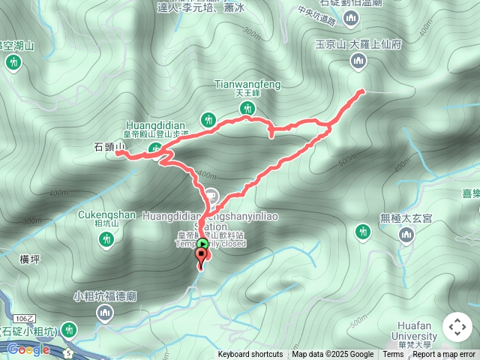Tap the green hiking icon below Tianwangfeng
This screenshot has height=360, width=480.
(x=246, y=109)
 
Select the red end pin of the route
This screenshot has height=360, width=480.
(x=201, y=256)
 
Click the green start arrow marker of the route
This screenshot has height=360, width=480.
(x=203, y=244)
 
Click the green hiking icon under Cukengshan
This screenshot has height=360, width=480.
(x=106, y=239)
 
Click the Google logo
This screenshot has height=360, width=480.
(x=28, y=349)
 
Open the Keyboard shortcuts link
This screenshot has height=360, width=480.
(x=250, y=355)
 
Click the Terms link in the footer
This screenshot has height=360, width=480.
(x=393, y=355)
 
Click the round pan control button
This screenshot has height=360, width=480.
(x=457, y=327)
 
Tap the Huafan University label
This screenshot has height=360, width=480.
(x=413, y=331)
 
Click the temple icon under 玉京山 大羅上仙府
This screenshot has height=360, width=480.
(x=358, y=61)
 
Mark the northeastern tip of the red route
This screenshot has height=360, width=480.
(x=362, y=91)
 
